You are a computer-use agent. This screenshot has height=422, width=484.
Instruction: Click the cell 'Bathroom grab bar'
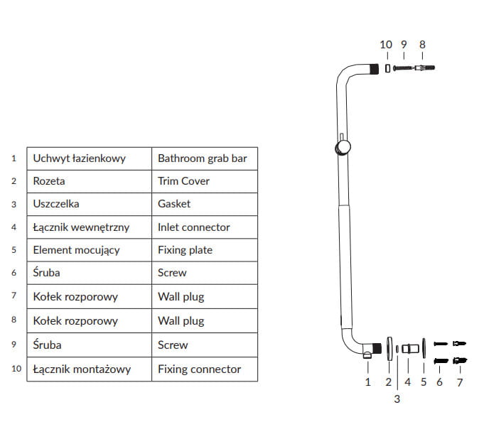(203, 158)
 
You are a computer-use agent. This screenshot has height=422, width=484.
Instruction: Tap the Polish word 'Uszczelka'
(56, 204)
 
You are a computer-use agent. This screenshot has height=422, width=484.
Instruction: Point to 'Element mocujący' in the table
(76, 250)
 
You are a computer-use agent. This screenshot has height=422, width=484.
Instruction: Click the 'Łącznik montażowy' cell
(77, 369)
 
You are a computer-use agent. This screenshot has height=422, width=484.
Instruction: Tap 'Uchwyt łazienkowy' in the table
(79, 158)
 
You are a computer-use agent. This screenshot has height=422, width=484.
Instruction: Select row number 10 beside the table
(14, 369)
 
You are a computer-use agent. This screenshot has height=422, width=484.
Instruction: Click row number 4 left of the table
(14, 227)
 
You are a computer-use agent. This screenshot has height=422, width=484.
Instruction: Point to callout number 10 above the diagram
(386, 44)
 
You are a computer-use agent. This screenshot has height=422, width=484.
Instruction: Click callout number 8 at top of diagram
(422, 44)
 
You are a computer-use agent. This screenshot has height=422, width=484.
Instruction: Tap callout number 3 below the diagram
(397, 399)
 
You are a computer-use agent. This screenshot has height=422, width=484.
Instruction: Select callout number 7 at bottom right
(459, 382)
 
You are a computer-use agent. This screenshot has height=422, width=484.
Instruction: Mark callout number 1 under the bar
(368, 382)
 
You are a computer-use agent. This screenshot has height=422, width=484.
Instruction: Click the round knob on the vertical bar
(343, 147)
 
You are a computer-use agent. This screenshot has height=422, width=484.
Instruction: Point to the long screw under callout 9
(404, 68)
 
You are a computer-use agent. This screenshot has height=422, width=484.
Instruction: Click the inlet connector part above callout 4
(409, 349)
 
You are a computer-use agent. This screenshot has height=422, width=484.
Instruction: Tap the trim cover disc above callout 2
(389, 348)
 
